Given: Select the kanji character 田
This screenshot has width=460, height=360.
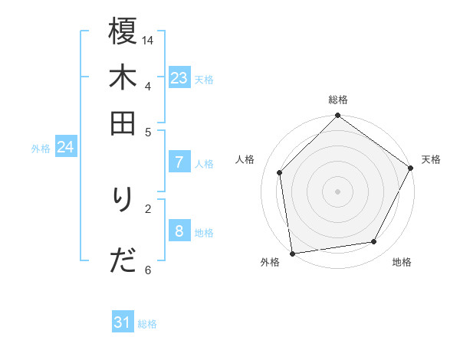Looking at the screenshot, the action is pyautogui.click(x=123, y=123).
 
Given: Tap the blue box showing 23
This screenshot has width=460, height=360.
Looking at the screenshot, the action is pyautogui.click(x=179, y=77).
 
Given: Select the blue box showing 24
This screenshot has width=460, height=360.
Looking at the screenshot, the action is pyautogui.click(x=65, y=146).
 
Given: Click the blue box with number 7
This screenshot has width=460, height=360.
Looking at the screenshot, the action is pyautogui.click(x=179, y=162).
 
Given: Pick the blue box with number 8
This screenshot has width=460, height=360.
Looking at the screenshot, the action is pyautogui.click(x=179, y=231).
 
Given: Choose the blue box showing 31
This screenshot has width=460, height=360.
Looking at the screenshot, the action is pyautogui.click(x=123, y=322).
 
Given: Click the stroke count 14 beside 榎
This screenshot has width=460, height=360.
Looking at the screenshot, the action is pyautogui.click(x=148, y=39).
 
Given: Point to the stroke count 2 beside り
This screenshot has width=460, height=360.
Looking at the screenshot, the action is pyautogui.click(x=148, y=207).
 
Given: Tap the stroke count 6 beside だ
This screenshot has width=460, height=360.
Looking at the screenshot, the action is pyautogui.click(x=148, y=269).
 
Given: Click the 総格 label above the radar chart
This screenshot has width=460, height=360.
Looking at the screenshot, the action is pyautogui.click(x=337, y=100).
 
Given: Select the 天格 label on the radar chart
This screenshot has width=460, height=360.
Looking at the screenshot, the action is pyautogui.click(x=431, y=159).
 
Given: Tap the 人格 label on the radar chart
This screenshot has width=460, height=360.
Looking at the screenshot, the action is pyautogui.click(x=245, y=159).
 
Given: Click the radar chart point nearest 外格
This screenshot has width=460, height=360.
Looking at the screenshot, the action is pyautogui.click(x=292, y=254).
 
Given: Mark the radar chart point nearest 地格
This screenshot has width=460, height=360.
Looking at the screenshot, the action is pyautogui.click(x=374, y=242).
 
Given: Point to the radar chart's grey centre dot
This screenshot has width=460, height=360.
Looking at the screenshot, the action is pyautogui.click(x=337, y=191).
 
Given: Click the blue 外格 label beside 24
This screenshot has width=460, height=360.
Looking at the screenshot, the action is pyautogui.click(x=41, y=149).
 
